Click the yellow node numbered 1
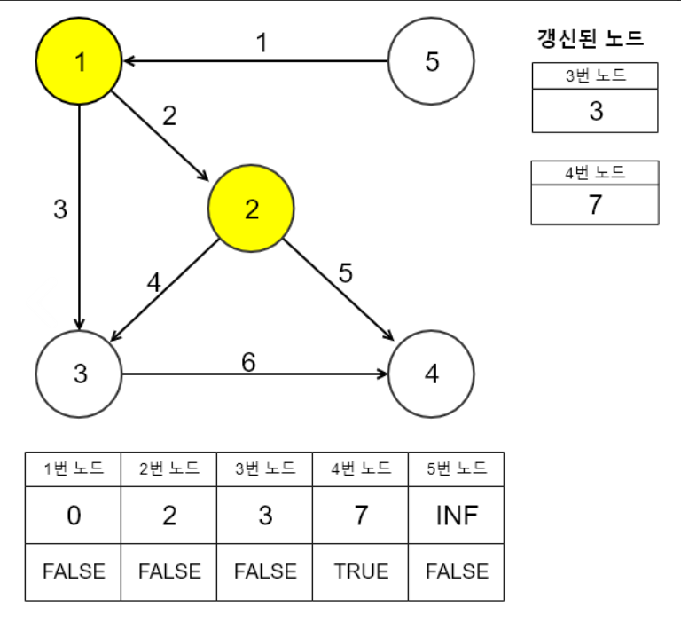(x=78, y=61)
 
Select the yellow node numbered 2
(x=251, y=209)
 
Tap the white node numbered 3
(x=80, y=374)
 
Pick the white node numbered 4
(x=432, y=374)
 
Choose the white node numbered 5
(x=432, y=61)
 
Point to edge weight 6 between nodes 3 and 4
(x=249, y=361)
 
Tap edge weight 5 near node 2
(x=346, y=273)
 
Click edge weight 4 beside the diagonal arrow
(x=154, y=282)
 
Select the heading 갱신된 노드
(x=591, y=38)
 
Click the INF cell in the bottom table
(x=457, y=516)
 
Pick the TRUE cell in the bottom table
(x=361, y=571)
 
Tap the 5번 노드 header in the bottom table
(x=457, y=468)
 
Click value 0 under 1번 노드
(x=74, y=516)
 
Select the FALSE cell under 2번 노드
(x=169, y=571)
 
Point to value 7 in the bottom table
(x=361, y=516)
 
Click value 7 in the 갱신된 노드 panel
(x=595, y=204)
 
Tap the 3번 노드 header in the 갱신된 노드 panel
(x=595, y=75)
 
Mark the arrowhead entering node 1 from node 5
(x=129, y=61)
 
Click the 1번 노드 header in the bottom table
(x=74, y=468)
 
